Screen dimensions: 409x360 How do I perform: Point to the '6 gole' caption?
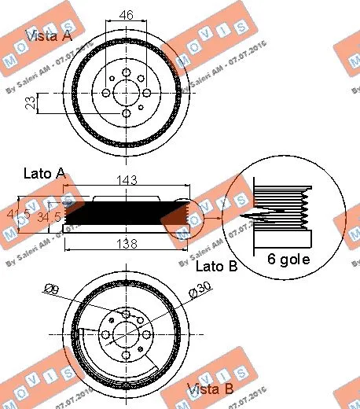289,258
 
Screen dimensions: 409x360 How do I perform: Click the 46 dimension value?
125,14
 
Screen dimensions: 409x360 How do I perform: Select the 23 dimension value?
30,103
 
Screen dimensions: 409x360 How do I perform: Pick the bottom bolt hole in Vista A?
125,115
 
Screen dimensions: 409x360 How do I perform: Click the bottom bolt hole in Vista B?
125,361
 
